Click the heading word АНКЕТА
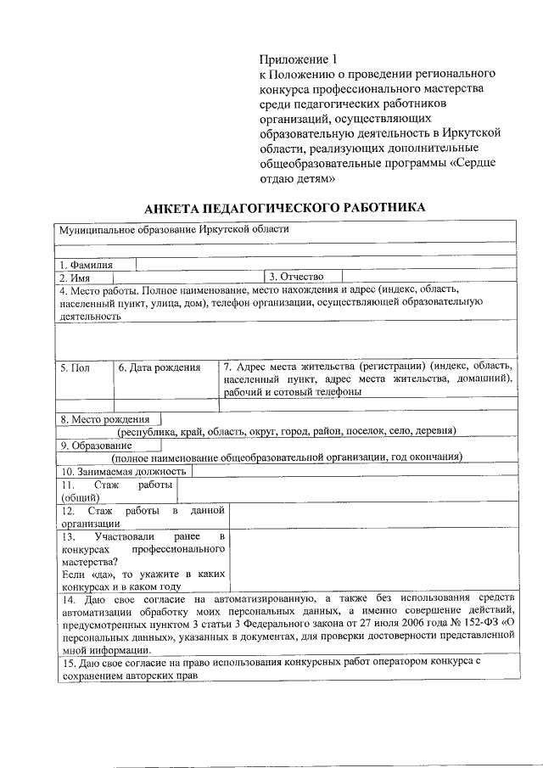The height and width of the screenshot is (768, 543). [x=177, y=208]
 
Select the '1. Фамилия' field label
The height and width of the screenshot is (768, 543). [x=86, y=264]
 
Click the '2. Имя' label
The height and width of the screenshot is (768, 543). [x=74, y=277]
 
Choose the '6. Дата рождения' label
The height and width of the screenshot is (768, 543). [x=160, y=367]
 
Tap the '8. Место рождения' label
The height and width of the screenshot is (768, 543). [x=104, y=419]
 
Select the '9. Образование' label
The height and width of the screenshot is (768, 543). [x=93, y=446]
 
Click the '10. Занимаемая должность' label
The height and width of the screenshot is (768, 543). [x=122, y=472]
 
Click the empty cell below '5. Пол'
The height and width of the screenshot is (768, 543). [x=84, y=405]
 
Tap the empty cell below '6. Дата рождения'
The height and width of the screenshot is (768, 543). [x=166, y=405]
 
